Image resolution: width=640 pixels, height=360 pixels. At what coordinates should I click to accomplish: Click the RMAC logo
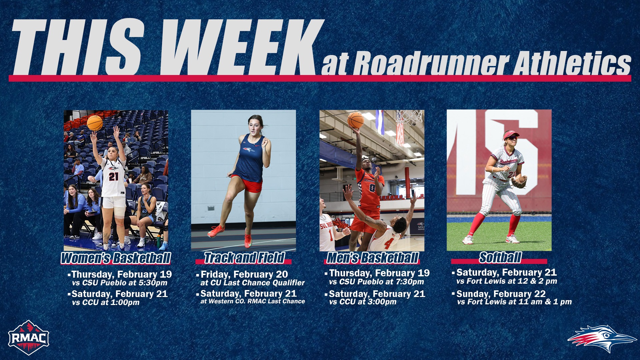click(29, 338)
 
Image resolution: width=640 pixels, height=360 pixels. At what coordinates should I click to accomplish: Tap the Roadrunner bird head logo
click(602, 338)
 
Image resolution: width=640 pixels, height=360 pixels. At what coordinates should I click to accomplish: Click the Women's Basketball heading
click(116, 258)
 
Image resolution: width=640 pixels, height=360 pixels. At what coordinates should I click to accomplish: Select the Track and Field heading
click(244, 258)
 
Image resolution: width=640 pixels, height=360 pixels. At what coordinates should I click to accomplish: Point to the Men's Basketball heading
click(372, 258)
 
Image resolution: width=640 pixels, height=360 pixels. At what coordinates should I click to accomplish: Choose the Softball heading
click(500, 257)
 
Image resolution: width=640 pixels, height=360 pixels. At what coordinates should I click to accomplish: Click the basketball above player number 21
click(95, 123)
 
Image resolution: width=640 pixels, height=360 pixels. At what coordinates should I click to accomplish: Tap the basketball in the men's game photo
click(355, 120)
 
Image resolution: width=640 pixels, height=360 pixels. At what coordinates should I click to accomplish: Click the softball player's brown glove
click(519, 182)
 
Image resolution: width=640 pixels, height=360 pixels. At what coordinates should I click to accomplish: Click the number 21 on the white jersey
click(114, 176)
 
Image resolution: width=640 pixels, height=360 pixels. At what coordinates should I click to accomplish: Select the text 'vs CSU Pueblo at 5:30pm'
click(120, 283)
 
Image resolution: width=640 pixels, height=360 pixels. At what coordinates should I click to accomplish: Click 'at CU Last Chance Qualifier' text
click(252, 283)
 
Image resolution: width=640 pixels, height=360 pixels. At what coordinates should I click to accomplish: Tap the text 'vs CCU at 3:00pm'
click(363, 302)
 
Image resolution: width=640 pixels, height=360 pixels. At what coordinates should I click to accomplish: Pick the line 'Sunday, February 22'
click(501, 294)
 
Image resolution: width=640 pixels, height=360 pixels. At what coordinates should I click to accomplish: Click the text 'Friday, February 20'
click(244, 274)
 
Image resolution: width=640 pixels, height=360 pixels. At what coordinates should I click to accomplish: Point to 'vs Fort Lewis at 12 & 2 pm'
click(507, 281)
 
